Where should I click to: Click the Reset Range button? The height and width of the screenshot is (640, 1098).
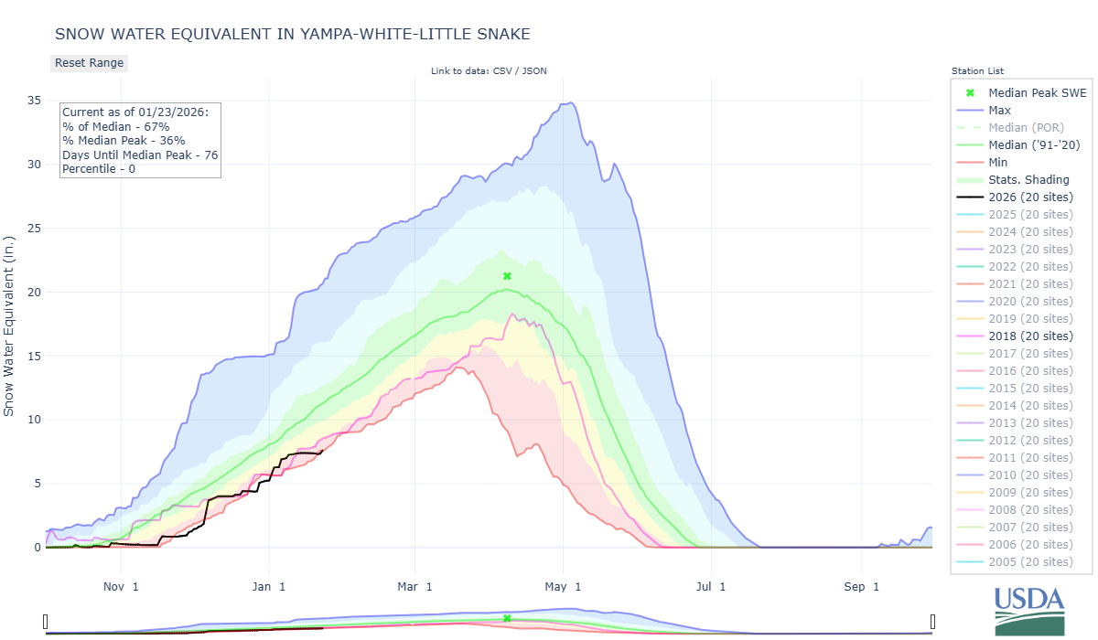[x=89, y=63]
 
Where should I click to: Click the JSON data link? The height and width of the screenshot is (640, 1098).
[x=535, y=71]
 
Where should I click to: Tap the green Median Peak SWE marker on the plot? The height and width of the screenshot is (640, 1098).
[x=507, y=276]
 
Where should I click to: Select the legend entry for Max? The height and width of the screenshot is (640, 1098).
[x=999, y=111]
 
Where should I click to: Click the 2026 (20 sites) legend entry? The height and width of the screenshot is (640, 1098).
[x=1030, y=197]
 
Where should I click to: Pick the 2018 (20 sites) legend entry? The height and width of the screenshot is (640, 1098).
[x=1030, y=336]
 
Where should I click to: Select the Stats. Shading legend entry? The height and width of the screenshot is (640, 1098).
[x=1028, y=180]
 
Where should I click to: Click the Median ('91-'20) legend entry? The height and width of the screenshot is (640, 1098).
[x=1033, y=145]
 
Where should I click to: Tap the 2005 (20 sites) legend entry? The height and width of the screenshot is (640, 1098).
[x=1030, y=562]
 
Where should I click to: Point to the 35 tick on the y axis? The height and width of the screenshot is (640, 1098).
[x=34, y=101]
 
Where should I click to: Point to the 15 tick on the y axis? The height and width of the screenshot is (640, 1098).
[x=34, y=356]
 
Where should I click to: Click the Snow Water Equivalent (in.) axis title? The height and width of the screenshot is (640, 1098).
[x=9, y=325]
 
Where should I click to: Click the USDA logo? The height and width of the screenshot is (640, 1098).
[x=1029, y=608]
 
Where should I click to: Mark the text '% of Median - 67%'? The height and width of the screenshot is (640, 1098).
[x=115, y=126]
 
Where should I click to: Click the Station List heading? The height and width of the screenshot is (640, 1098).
[x=977, y=71]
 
